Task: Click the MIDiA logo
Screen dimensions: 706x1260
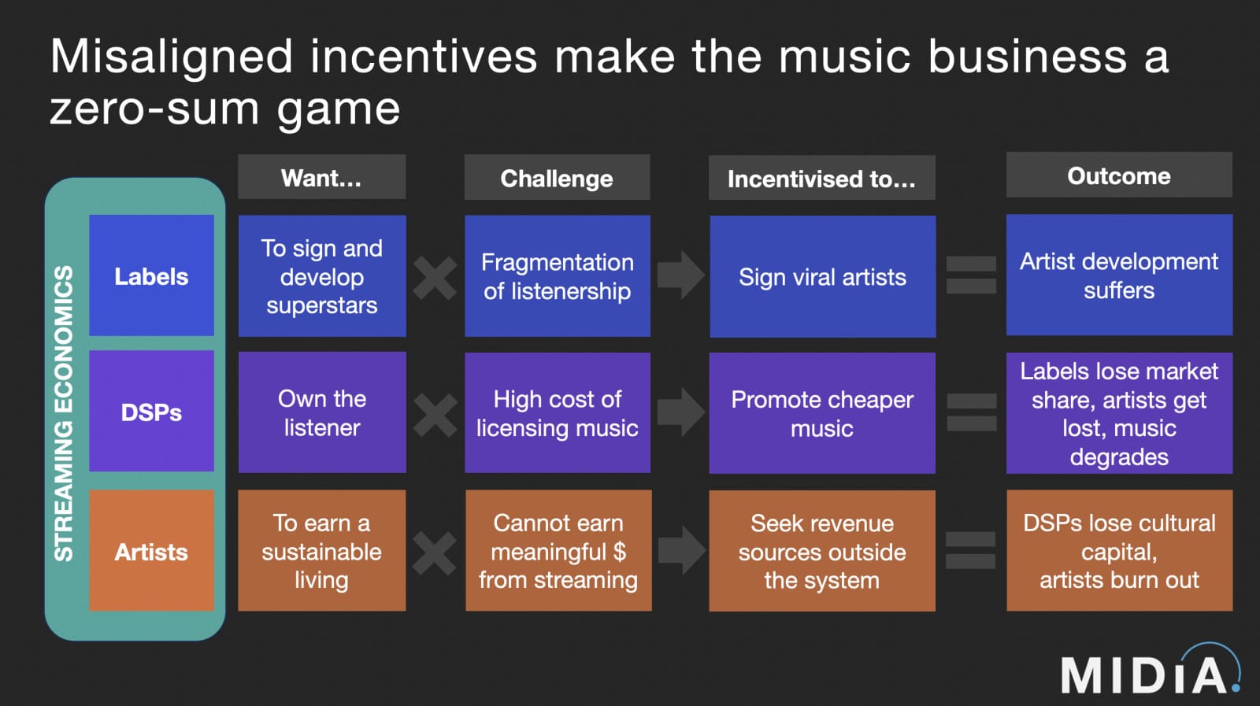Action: point(1150,672)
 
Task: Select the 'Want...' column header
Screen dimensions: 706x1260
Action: point(321,178)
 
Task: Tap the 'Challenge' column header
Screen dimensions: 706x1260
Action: point(557,179)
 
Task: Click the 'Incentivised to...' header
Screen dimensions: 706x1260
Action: point(821,179)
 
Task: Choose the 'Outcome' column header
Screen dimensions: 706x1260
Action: point(1118,176)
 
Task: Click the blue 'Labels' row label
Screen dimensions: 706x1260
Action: point(151,276)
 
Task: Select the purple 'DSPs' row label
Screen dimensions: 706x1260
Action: point(151,412)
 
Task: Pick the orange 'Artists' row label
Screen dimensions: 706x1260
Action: point(151,551)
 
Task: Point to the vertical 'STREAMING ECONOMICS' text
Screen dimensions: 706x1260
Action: point(64,413)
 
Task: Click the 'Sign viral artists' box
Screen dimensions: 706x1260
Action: point(822,277)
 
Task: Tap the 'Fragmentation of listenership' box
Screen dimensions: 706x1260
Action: point(557,276)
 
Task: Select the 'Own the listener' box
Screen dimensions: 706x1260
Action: point(321,412)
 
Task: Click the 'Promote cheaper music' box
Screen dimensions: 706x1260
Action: point(822,413)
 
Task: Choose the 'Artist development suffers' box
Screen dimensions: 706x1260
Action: point(1118,275)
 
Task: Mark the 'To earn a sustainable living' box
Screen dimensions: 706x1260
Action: point(321,551)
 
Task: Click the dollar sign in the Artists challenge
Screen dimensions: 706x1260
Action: point(619,552)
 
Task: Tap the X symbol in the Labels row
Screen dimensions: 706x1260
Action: point(435,277)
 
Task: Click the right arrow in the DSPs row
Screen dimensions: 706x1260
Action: point(680,412)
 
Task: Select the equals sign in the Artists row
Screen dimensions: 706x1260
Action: point(970,550)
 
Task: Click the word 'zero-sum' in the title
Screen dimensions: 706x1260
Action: point(154,109)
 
